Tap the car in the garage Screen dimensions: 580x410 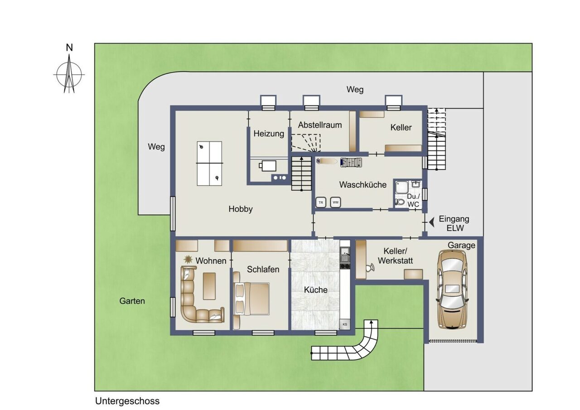tap(453, 289)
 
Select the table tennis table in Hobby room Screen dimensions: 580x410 tap(209, 164)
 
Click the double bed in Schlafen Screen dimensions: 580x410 tap(251, 299)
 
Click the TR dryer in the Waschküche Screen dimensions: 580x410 tap(321, 203)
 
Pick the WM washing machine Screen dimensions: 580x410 tap(335, 203)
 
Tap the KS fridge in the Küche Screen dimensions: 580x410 tap(345, 324)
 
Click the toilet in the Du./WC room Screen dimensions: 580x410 tap(400, 202)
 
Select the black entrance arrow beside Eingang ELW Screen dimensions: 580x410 tap(432, 222)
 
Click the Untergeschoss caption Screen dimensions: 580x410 tap(127, 401)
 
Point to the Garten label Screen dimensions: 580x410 tap(132, 301)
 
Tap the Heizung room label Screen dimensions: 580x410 tap(269, 134)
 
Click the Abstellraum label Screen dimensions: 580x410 tap(320, 125)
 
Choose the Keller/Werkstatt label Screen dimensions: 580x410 tap(396, 256)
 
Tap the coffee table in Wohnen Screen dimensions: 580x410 tap(209, 286)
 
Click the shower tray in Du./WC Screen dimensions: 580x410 tap(402, 187)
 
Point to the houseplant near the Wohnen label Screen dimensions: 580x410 tap(188, 259)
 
